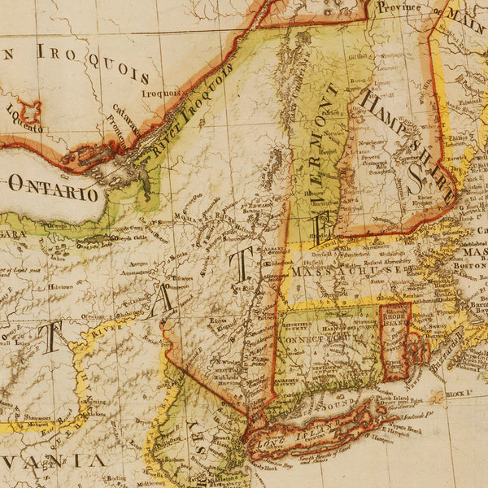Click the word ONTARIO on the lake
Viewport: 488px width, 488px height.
(53, 188)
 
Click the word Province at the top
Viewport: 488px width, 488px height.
(399, 7)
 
